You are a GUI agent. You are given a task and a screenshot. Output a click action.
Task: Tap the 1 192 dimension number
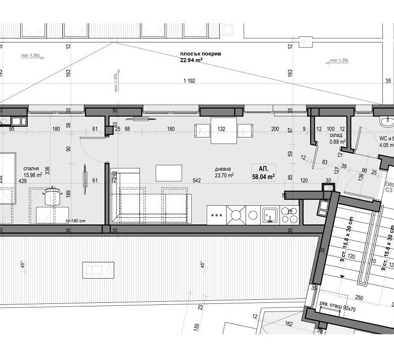189,81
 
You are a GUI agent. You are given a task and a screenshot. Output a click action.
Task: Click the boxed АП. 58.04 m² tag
263,173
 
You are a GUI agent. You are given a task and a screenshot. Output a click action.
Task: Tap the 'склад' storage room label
336,136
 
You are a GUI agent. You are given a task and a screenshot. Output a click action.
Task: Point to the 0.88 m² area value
337,142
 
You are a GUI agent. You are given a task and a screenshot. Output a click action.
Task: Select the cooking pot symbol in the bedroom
52,195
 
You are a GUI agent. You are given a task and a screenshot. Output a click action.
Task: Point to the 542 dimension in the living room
196,179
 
